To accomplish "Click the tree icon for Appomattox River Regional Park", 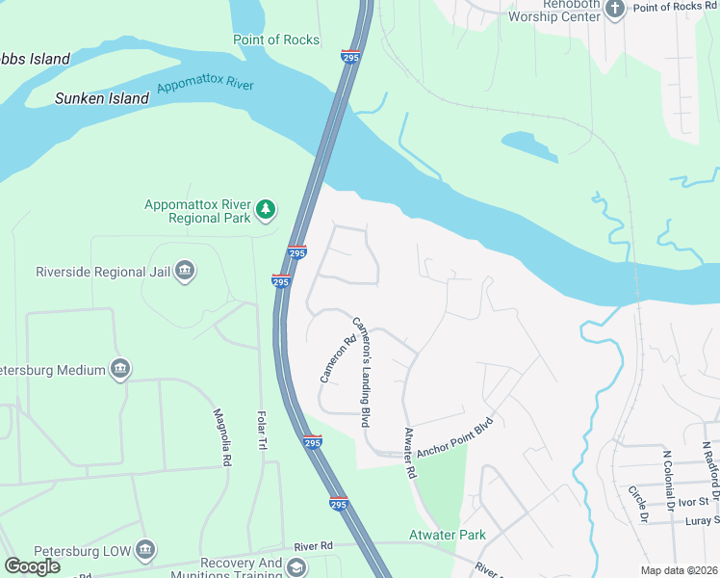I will (x=266, y=209).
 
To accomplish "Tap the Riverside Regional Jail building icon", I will (x=186, y=273).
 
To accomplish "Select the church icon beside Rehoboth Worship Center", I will (x=614, y=8).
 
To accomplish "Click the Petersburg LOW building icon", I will (x=144, y=549).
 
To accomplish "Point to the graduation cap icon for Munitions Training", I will (x=296, y=566).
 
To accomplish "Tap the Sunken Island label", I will (x=102, y=98).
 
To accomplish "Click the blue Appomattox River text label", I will (x=205, y=85).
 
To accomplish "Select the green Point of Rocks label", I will (x=276, y=39).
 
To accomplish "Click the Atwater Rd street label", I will (x=410, y=454).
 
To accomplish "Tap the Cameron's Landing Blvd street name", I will (x=362, y=372).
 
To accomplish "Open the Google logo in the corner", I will (x=32, y=566).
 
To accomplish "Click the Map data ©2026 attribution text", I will (x=678, y=570).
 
